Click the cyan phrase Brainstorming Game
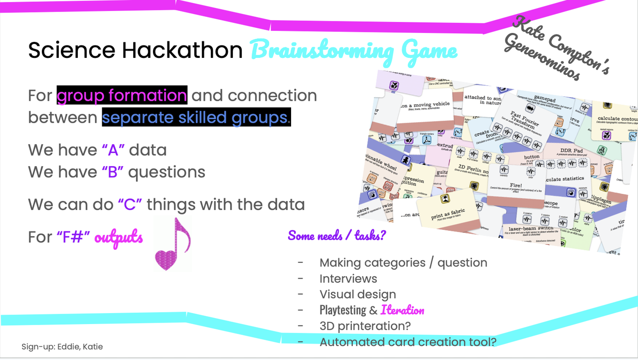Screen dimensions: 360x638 [353, 51]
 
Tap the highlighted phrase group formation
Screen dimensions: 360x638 [122, 95]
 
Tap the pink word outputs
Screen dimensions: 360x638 [119, 237]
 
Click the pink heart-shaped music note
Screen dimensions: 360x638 [172, 244]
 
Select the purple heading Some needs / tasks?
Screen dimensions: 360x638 [337, 235]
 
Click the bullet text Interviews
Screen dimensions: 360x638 [348, 279]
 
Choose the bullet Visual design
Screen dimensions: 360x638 [357, 294]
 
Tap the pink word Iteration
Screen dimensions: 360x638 [402, 310]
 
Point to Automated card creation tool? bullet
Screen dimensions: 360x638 [408, 342]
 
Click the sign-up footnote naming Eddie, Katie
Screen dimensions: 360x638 [62, 347]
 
